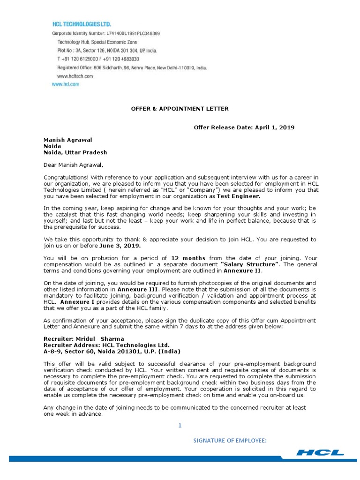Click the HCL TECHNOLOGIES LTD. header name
[82, 23]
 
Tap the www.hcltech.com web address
[75, 75]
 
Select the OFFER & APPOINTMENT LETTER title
[180, 109]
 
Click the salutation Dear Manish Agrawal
[73, 165]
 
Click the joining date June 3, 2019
[120, 245]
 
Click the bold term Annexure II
[243, 270]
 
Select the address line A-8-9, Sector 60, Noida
[112, 351]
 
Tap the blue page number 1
[180, 425]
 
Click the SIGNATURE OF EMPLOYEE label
[231, 441]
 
